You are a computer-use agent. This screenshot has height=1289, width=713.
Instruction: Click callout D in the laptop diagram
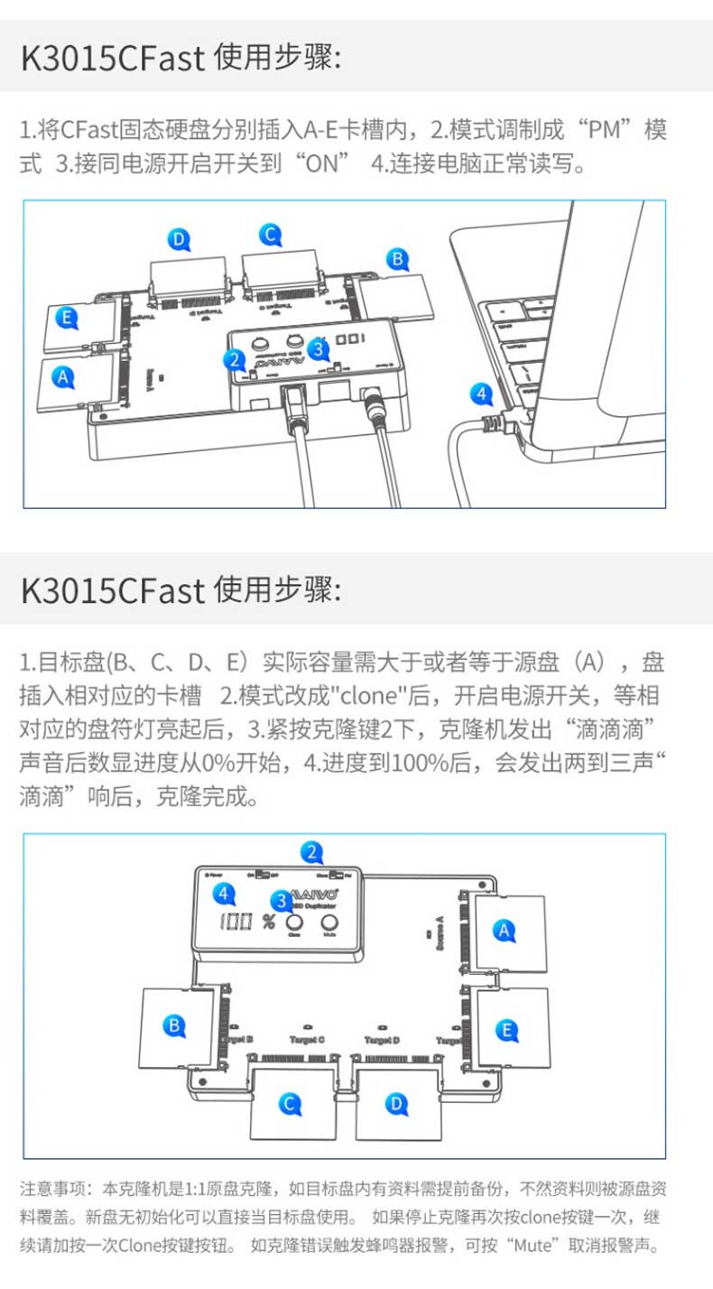click(x=181, y=239)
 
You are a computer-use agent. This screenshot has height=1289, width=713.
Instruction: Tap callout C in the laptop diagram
click(x=269, y=235)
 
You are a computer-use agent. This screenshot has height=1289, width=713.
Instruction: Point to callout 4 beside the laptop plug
click(x=483, y=394)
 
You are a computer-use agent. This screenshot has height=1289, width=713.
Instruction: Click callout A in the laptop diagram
click(x=61, y=378)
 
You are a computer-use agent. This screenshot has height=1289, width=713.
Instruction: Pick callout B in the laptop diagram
click(x=396, y=259)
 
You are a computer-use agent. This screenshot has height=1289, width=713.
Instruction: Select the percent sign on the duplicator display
click(x=268, y=923)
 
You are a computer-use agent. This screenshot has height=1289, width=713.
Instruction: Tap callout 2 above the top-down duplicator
click(x=312, y=851)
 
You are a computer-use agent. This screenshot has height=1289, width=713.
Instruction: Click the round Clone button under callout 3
click(x=294, y=922)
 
